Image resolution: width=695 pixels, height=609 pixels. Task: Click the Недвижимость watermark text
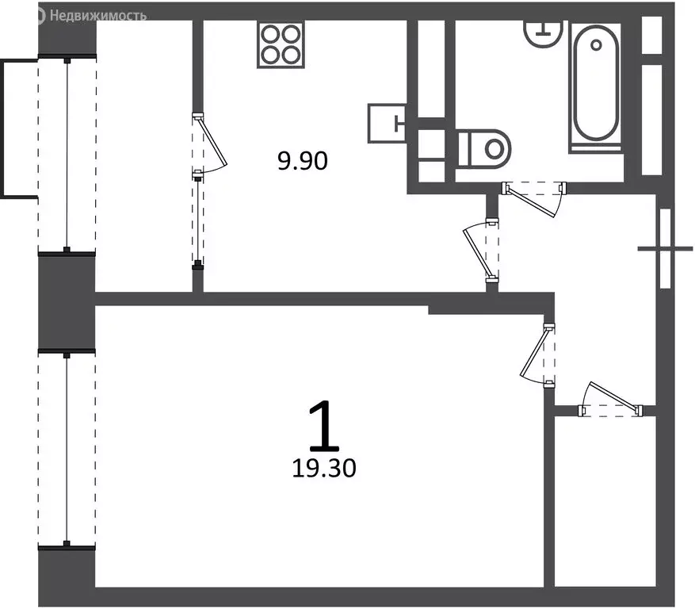(97, 15)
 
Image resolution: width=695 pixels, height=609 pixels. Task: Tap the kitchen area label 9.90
(302, 162)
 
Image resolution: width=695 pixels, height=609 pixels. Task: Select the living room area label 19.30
(323, 469)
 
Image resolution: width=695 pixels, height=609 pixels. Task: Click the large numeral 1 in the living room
(322, 426)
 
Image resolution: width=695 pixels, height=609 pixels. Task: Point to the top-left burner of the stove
(270, 34)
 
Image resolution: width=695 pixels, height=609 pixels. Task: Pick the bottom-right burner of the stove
(292, 55)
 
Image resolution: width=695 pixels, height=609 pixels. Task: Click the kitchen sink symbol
(388, 122)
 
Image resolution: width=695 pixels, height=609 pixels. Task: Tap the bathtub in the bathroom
(595, 85)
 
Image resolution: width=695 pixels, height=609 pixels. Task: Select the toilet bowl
(486, 147)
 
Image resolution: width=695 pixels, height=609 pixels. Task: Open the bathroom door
(536, 195)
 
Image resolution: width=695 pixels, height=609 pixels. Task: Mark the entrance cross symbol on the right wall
(665, 248)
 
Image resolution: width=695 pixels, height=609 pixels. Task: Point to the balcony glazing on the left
(67, 155)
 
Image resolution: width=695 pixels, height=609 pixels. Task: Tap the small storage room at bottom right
(604, 500)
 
